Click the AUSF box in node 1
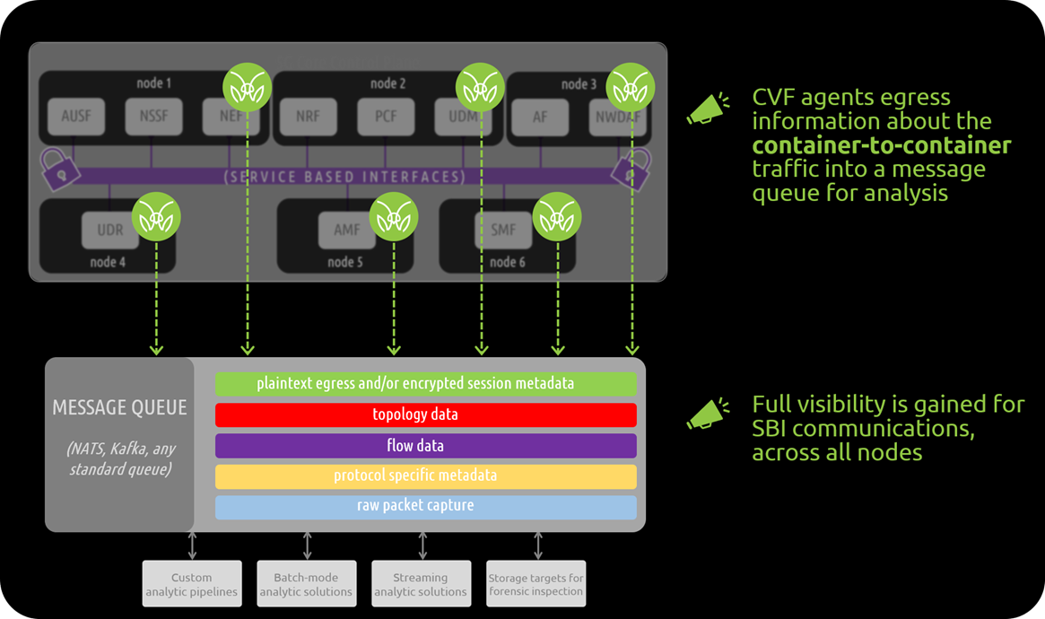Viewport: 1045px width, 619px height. click(x=76, y=117)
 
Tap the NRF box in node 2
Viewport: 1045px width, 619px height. click(x=308, y=117)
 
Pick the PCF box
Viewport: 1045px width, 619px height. click(x=385, y=117)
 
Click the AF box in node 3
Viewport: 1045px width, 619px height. click(x=540, y=117)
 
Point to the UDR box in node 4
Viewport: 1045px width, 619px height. click(x=109, y=230)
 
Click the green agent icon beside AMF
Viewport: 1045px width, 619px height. click(x=394, y=217)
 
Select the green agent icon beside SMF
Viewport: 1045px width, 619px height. click(x=557, y=217)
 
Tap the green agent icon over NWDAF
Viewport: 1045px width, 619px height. click(x=631, y=88)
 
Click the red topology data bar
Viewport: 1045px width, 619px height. click(x=425, y=414)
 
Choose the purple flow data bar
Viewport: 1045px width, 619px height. click(x=425, y=446)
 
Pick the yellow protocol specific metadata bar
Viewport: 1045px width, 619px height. click(x=425, y=476)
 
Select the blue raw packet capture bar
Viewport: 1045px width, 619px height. click(x=425, y=507)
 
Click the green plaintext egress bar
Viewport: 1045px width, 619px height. click(x=425, y=384)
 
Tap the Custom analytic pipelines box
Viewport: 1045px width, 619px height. click(x=192, y=584)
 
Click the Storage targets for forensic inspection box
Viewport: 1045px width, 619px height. click(x=536, y=584)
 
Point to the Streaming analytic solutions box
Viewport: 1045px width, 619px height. click(x=421, y=584)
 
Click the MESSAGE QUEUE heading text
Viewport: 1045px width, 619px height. click(x=119, y=408)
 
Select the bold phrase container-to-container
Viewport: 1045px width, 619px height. click(x=881, y=145)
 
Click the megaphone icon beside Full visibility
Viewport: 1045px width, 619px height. click(x=708, y=414)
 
